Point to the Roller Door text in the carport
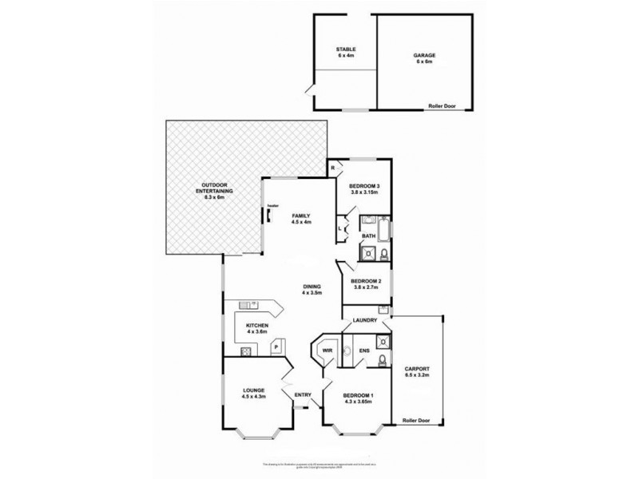[415, 419]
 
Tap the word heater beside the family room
[272, 204]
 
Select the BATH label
[367, 236]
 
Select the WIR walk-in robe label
[327, 350]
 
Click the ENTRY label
[303, 394]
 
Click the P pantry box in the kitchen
[276, 346]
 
